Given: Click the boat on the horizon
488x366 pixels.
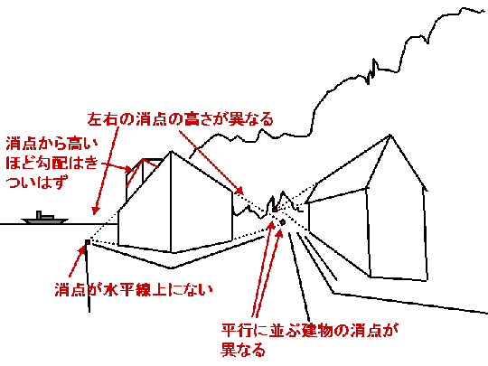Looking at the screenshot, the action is tap(45, 218).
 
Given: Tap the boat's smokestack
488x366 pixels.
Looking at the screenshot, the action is tap(39, 215).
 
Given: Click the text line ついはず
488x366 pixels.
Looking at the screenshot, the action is tap(37, 182).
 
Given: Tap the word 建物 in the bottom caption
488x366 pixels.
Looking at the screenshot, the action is tap(317, 330).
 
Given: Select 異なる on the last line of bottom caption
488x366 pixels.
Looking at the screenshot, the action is tap(243, 350).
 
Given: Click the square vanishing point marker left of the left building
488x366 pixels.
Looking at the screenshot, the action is tap(88, 242).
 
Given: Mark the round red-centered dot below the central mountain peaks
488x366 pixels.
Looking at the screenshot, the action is tap(283, 222).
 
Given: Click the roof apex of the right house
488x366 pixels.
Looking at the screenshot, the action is tap(390, 135).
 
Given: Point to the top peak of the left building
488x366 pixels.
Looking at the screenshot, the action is tap(171, 152).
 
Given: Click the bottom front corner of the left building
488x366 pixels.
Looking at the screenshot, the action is tap(171, 252).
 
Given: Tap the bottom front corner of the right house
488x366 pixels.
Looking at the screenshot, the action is tap(370, 277).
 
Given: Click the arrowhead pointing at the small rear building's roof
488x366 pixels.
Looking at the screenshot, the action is tap(128, 170).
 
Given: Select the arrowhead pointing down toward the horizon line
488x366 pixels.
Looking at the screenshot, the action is tap(95, 211).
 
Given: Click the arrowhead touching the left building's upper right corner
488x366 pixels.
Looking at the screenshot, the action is tap(239, 190).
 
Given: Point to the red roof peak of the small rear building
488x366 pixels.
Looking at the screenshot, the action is tap(144, 159).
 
